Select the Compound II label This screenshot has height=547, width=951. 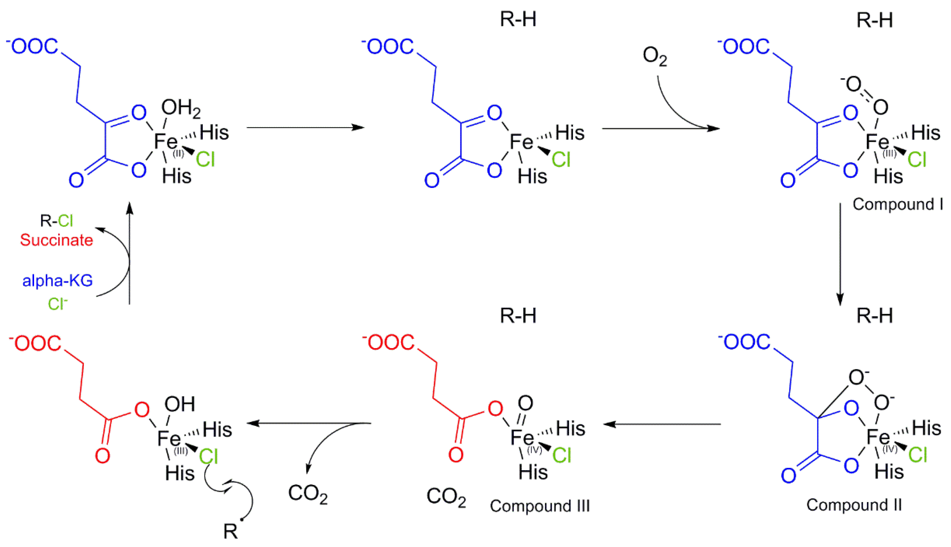[x=854, y=505]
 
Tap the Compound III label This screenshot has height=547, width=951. [x=540, y=506]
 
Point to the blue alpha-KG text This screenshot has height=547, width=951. [x=57, y=281]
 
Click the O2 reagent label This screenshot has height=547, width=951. [x=655, y=56]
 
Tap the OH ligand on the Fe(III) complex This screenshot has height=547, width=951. [x=180, y=404]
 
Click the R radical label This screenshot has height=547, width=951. [x=231, y=531]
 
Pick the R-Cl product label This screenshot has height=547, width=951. [x=56, y=221]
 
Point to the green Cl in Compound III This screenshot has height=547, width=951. [x=562, y=456]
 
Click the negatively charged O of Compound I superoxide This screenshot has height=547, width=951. [x=852, y=84]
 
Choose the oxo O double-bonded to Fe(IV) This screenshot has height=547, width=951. [x=525, y=403]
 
